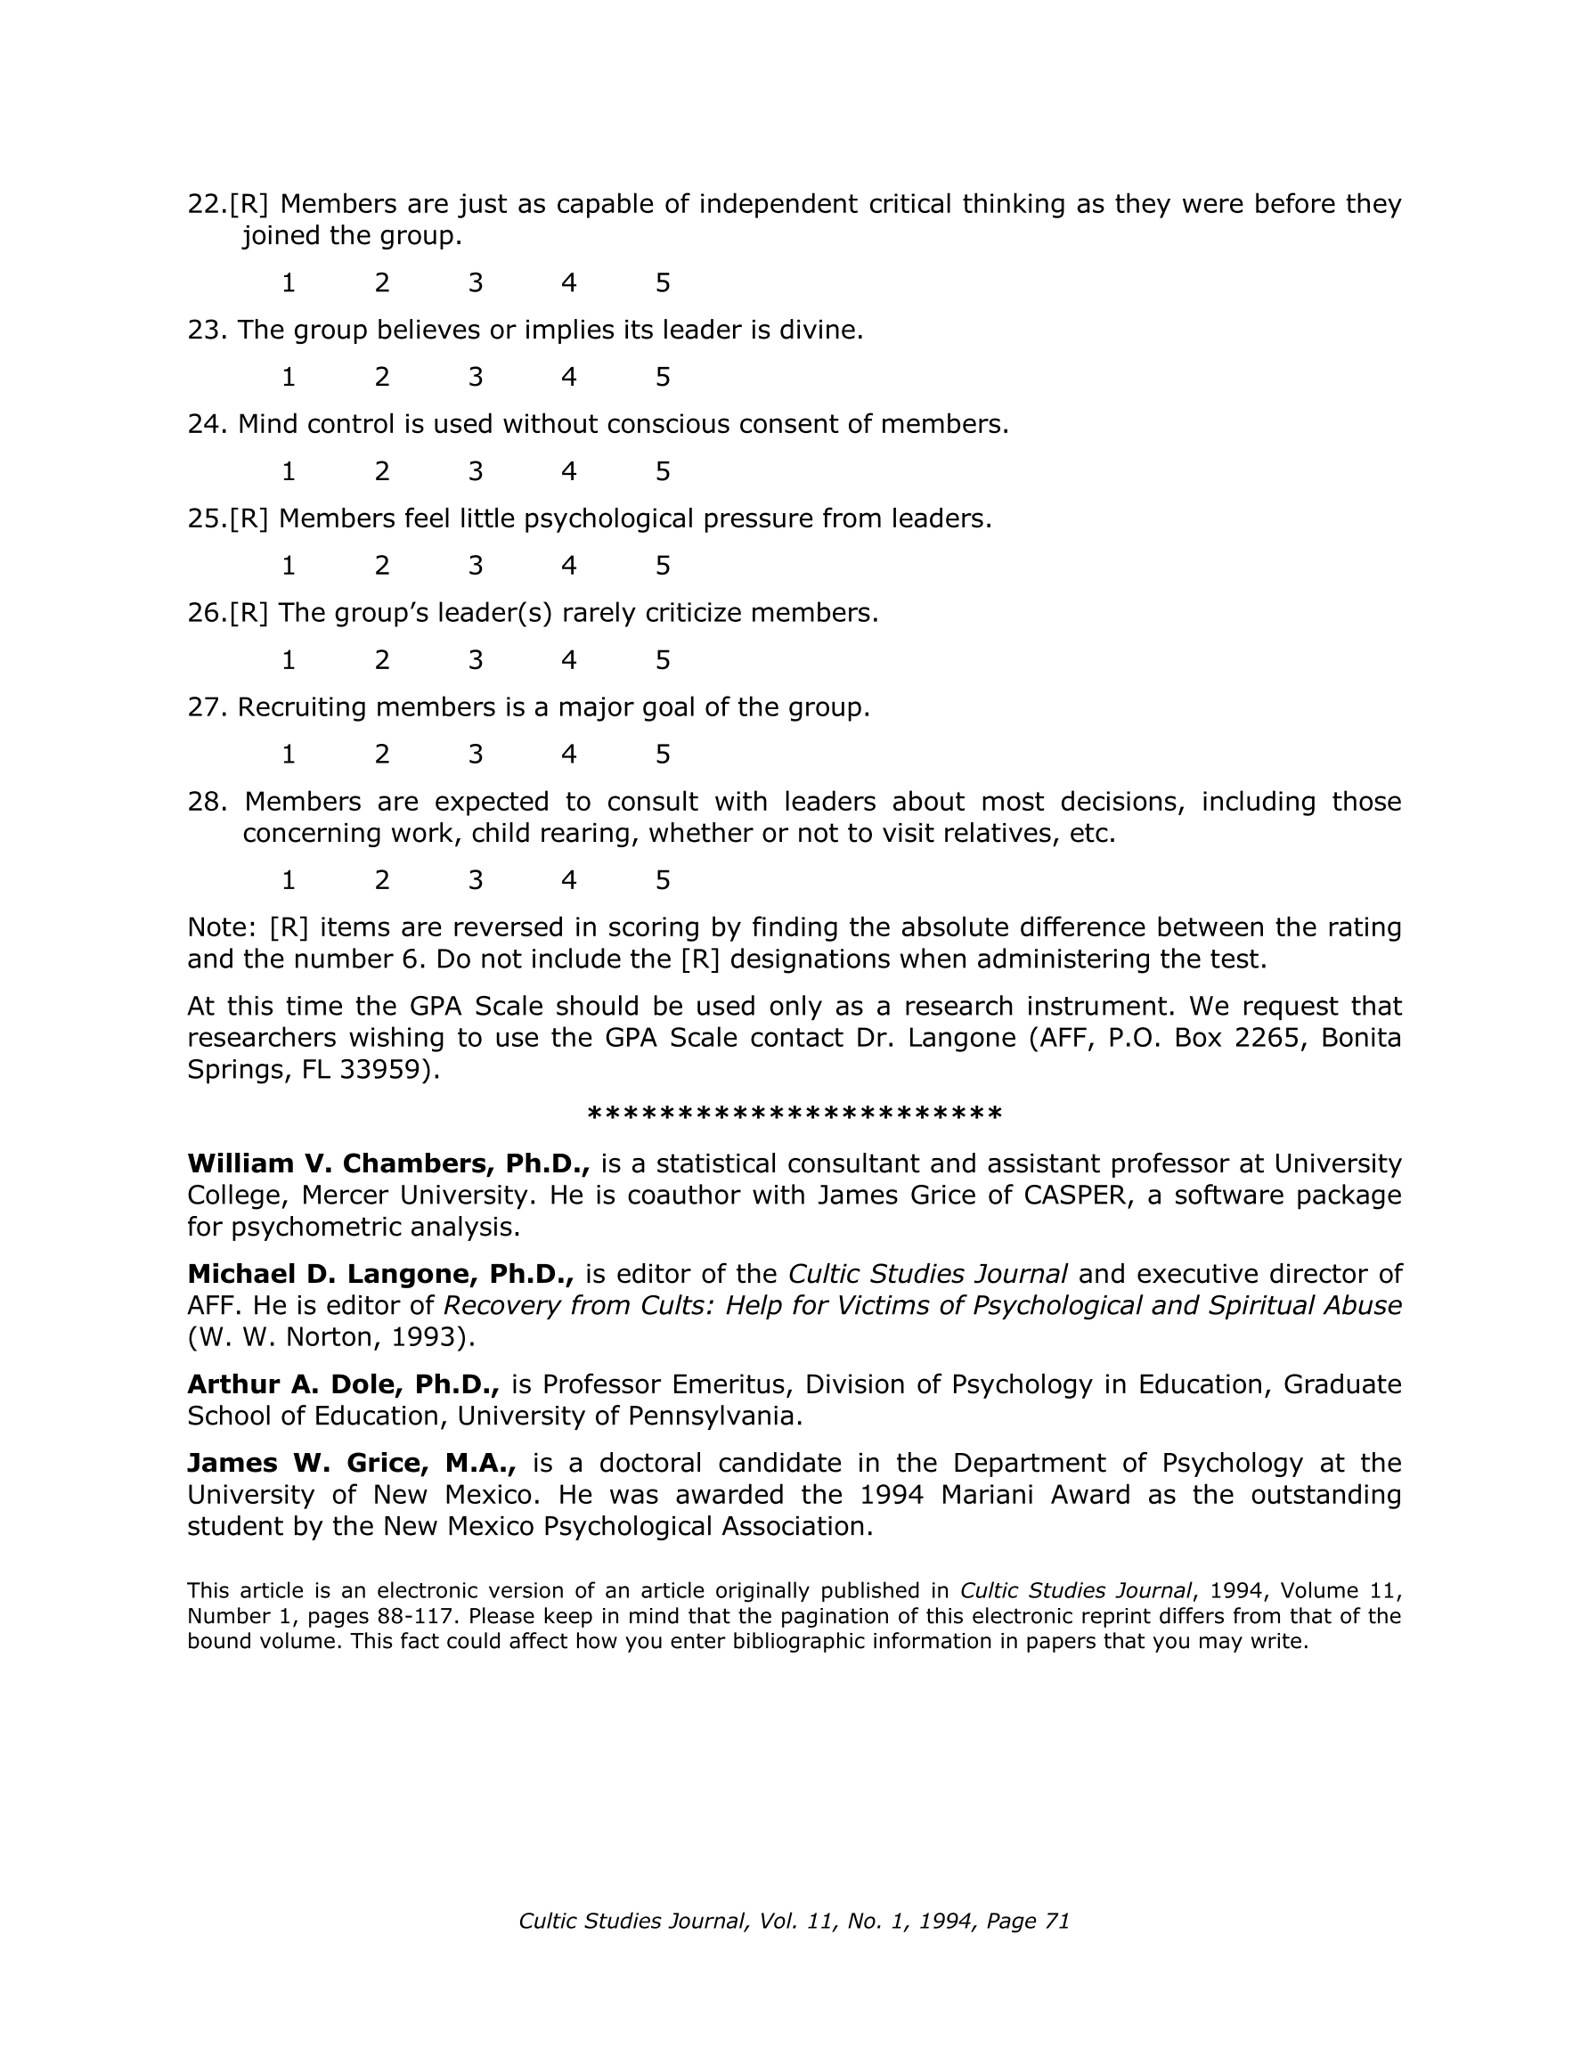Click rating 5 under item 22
pos(662,282)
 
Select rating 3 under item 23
pos(476,377)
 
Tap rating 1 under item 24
pos(289,471)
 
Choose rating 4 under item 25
pos(569,565)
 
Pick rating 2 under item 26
pos(381,659)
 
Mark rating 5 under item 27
pos(662,754)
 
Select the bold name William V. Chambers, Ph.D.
pos(388,1163)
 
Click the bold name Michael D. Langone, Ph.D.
pos(380,1273)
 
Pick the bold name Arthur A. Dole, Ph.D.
pos(343,1384)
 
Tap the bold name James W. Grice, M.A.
pos(351,1463)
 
